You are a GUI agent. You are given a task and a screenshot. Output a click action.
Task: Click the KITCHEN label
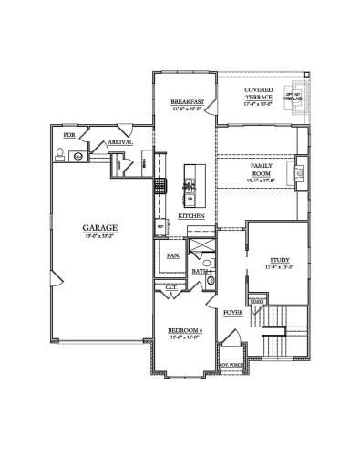coord(190,215)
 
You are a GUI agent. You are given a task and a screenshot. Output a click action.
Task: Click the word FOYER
coord(232,312)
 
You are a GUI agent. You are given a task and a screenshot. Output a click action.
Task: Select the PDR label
coord(68,135)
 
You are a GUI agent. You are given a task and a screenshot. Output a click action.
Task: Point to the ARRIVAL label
coord(120,142)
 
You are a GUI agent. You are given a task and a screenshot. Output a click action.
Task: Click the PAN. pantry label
coord(173,256)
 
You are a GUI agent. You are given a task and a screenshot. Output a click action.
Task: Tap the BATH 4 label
coord(201,271)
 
